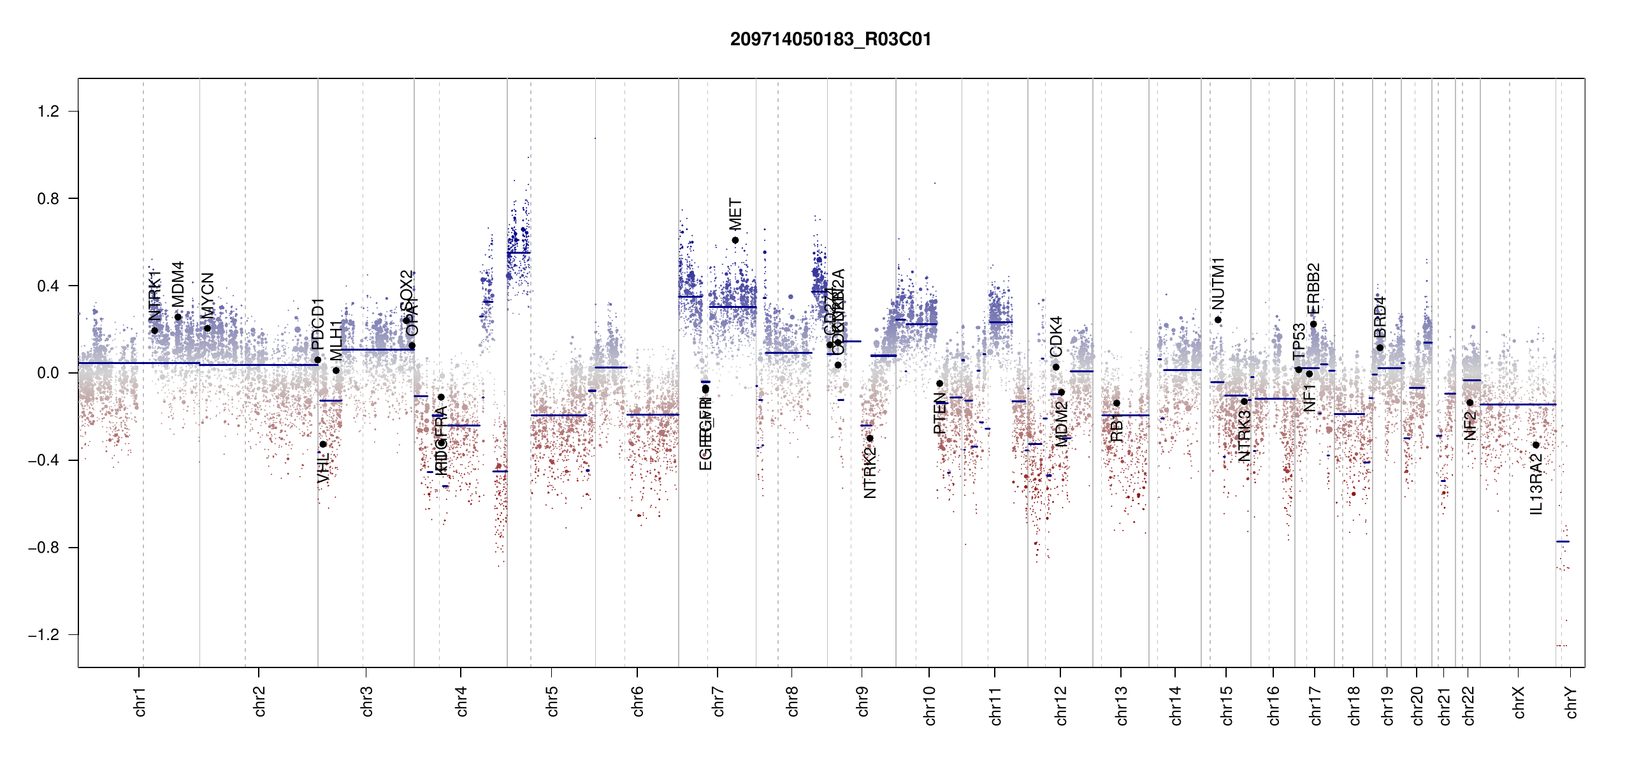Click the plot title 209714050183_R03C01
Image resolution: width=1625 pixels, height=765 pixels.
click(x=830, y=40)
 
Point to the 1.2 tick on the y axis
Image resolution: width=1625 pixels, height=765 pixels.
click(x=48, y=112)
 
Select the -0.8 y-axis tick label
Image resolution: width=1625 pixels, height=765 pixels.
click(x=43, y=548)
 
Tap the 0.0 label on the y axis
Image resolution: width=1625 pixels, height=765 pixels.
click(x=48, y=373)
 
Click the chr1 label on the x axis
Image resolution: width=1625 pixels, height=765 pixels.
click(x=140, y=701)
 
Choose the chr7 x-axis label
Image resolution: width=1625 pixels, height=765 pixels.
click(x=718, y=701)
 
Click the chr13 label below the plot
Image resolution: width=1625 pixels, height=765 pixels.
click(x=1122, y=705)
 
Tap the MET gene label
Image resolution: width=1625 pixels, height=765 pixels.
click(x=736, y=214)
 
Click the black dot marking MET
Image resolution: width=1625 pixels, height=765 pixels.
click(x=735, y=240)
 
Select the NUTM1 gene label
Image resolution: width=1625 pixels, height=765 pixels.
click(x=1218, y=283)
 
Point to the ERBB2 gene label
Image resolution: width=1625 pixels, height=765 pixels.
click(x=1313, y=289)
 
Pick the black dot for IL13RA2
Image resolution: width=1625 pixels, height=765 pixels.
click(x=1536, y=445)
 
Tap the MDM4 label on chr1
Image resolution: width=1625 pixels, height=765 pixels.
click(x=178, y=284)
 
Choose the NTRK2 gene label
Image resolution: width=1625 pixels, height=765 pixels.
click(x=870, y=472)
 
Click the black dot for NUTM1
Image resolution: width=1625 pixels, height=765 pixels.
click(x=1218, y=320)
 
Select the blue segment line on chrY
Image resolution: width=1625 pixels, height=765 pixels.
click(x=1563, y=542)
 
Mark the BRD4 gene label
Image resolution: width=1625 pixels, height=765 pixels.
click(x=1380, y=317)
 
